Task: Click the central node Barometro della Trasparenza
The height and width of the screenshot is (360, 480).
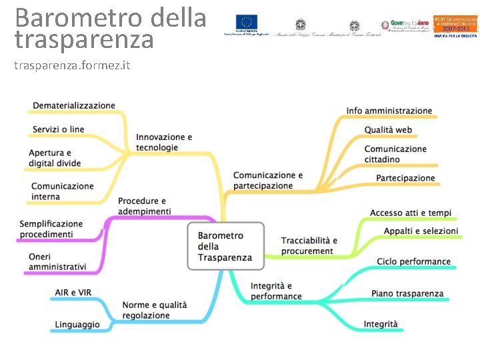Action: [x=225, y=246]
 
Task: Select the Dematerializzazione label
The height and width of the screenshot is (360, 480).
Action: [x=74, y=105]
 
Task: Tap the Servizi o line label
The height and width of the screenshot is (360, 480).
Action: [x=59, y=129]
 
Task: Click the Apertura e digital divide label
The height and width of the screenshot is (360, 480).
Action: [x=55, y=158]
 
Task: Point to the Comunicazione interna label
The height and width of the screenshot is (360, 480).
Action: [x=63, y=191]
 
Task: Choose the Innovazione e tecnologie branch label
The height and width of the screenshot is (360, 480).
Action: [x=164, y=142]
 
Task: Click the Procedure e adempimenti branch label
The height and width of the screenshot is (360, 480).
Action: [x=144, y=206]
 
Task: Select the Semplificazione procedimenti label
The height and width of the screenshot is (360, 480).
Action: [x=51, y=229]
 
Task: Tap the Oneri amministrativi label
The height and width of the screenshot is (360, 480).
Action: [x=57, y=261]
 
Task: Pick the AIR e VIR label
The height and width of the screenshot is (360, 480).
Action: [x=73, y=292]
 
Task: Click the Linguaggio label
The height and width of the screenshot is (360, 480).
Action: [x=77, y=324]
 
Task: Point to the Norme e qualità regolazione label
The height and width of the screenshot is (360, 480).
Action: [x=155, y=310]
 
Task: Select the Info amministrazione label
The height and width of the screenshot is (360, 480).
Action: [x=389, y=111]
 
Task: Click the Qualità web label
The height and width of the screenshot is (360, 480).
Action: [x=388, y=130]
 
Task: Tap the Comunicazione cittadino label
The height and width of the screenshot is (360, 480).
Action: [x=395, y=154]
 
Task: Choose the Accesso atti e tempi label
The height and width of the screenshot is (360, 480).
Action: [x=411, y=213]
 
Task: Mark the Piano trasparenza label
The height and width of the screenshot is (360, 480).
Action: [x=407, y=293]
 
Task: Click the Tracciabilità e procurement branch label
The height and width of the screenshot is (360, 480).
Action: [x=309, y=245]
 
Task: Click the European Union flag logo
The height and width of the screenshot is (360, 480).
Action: [x=249, y=22]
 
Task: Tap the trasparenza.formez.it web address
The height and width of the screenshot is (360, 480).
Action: [x=72, y=66]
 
